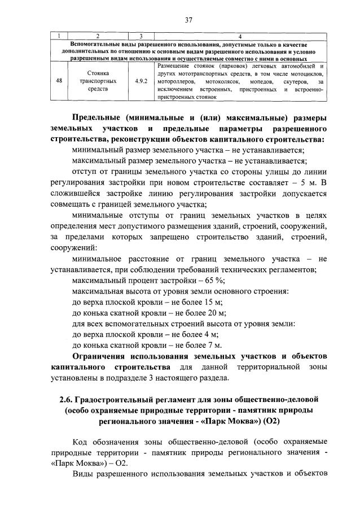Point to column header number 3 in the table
pos(141,36)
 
